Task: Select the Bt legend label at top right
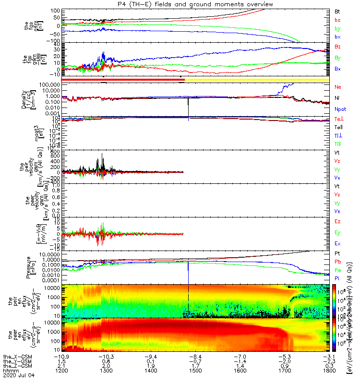337,11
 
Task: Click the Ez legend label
337,222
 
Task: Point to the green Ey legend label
337,233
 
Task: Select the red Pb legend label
337,262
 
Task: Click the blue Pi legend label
337,278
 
